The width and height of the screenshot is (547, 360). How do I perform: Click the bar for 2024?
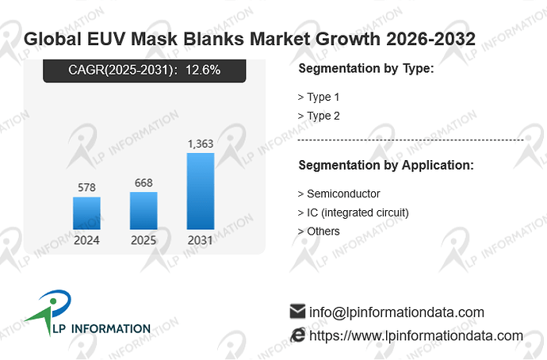[86, 213]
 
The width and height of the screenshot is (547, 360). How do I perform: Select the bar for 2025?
[143, 211]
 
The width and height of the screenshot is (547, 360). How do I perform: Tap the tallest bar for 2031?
[201, 191]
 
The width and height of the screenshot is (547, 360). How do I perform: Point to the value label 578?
[86, 188]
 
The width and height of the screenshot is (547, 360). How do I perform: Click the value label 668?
[143, 183]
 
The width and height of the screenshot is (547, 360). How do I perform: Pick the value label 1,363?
[201, 144]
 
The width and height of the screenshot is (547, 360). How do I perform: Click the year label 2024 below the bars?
[86, 240]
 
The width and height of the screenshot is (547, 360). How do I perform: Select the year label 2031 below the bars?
[201, 240]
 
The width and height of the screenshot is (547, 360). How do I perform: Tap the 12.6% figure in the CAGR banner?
[203, 70]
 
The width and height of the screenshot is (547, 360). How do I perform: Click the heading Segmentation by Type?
[366, 68]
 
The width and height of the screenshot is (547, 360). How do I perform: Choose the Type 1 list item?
[319, 97]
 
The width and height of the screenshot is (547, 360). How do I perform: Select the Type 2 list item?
[319, 116]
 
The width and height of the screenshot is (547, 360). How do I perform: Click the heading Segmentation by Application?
[386, 165]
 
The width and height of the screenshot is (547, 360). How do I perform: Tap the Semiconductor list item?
[339, 193]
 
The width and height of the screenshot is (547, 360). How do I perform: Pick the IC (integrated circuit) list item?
[353, 213]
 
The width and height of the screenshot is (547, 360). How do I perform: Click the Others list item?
[319, 232]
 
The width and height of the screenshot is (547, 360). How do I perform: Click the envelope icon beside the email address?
[297, 312]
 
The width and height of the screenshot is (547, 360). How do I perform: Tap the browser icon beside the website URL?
[298, 335]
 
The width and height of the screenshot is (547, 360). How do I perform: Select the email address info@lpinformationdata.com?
[396, 312]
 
